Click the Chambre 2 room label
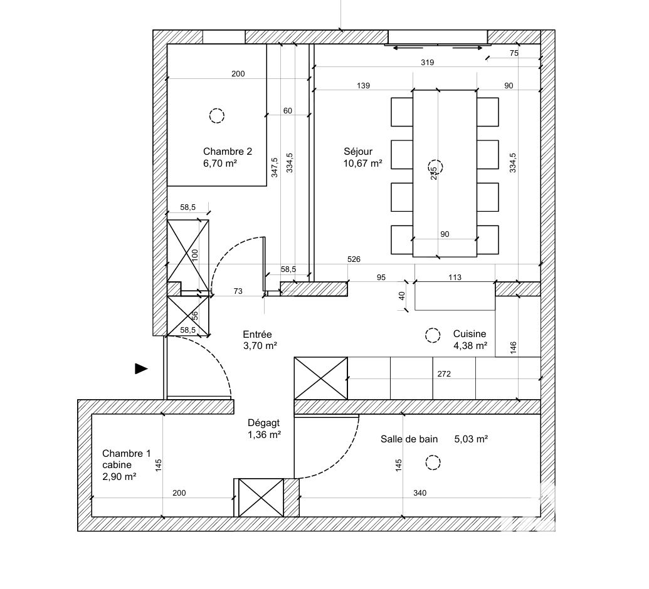click(x=227, y=152)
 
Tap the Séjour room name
click(x=358, y=152)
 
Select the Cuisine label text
click(x=470, y=334)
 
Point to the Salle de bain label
click(x=409, y=439)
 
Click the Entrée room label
click(x=257, y=334)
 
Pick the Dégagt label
click(x=263, y=423)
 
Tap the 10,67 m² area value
click(x=362, y=164)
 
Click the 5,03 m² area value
click(x=471, y=439)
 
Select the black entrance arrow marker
click(x=141, y=368)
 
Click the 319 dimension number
click(x=427, y=63)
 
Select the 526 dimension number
click(x=354, y=259)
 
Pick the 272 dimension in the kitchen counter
click(x=444, y=374)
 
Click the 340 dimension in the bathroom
click(x=419, y=493)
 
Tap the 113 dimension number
click(x=455, y=277)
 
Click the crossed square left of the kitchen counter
click(x=321, y=378)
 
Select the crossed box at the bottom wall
click(x=261, y=498)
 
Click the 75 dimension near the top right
click(x=514, y=53)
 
